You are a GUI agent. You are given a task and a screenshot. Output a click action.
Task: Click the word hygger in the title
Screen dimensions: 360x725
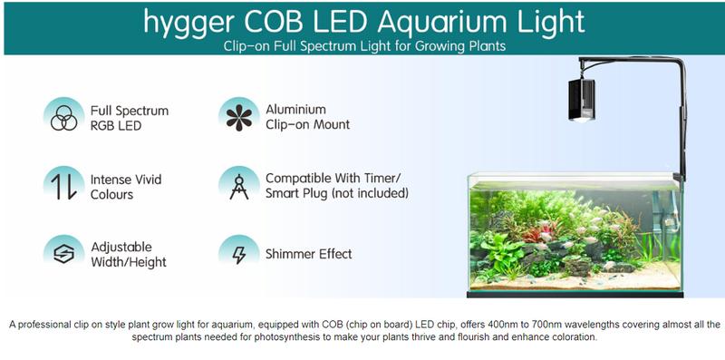189,22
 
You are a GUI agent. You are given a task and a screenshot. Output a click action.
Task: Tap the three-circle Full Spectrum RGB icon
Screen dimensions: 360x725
63,117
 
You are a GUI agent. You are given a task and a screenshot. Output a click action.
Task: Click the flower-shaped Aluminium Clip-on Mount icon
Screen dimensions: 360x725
239,116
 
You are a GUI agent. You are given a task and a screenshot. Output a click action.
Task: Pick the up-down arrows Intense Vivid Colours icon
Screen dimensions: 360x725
63,186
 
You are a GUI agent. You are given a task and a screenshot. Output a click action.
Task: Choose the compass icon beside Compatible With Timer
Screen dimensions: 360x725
239,186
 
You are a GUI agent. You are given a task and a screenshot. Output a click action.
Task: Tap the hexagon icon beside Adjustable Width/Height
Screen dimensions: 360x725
63,254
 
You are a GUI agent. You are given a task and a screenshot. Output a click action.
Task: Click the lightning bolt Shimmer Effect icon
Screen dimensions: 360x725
239,254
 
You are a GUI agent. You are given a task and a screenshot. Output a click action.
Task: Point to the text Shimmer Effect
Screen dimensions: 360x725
308,254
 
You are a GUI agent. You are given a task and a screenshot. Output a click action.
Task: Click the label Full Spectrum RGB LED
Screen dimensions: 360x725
129,118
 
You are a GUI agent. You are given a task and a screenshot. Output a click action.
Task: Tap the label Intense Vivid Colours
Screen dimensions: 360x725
125,187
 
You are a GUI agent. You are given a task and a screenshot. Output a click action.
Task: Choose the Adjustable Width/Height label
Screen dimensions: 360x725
128,254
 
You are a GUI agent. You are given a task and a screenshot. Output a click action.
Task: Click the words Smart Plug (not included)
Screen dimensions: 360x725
336,193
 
